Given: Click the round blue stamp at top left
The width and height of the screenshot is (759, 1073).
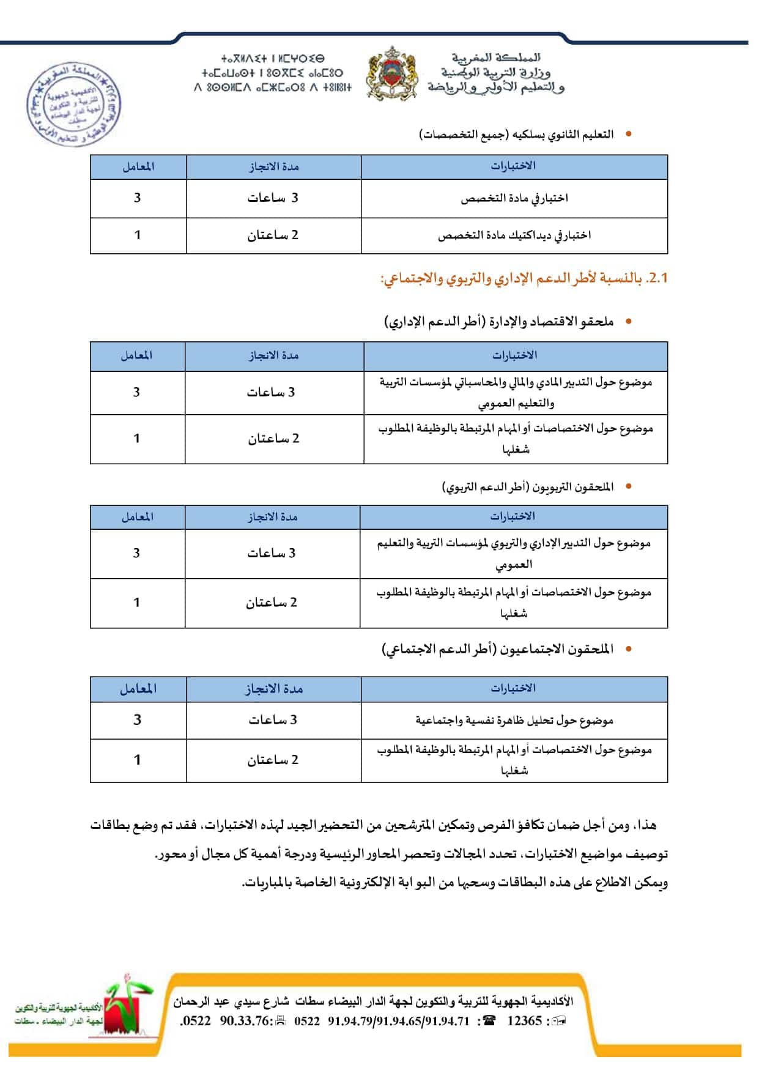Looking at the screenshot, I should pos(73,104).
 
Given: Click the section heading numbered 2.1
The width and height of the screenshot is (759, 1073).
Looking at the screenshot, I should pos(524,278).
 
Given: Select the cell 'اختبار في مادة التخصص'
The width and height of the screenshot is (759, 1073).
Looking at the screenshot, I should pos(514,198).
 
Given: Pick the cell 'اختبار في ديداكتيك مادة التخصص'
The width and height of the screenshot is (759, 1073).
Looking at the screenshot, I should pos(514,236).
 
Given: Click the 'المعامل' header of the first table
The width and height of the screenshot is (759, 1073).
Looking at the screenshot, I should pos(138,166).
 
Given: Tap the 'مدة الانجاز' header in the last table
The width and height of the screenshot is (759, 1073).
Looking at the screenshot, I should pos(273,689).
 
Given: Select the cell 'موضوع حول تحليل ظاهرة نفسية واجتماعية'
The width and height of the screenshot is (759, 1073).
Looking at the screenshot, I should pos(514,721).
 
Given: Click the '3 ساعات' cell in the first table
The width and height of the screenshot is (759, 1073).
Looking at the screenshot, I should pos(273,198).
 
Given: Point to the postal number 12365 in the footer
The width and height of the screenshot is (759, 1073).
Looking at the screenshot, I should pos(524,1020).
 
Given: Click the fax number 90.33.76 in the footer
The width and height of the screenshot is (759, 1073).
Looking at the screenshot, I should pos(245,1020).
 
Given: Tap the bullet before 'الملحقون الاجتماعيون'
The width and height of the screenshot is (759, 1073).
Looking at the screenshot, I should pos(628,649).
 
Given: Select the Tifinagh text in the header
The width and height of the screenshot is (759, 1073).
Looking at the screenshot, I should pos(273,73).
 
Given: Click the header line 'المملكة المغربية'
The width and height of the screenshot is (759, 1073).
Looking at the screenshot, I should pos(496,58).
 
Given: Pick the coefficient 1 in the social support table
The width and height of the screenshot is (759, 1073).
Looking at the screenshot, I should pos(138,760).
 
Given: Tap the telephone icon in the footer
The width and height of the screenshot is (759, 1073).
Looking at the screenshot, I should pos(489,1020).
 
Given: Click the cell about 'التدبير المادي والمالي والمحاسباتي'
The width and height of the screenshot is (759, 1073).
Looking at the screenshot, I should pos(515,393).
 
